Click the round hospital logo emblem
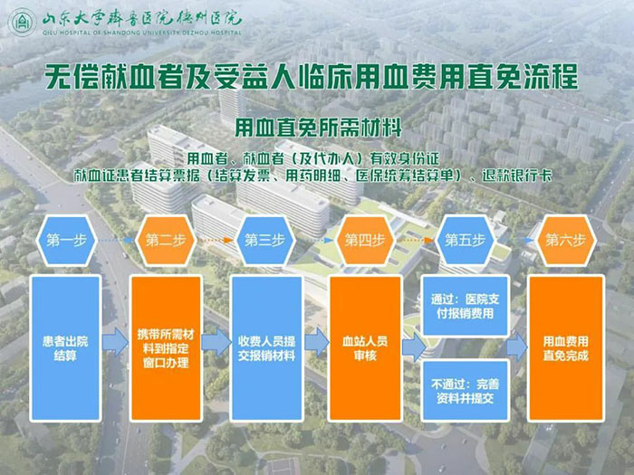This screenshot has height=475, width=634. [23, 23]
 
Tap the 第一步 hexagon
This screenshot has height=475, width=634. [66, 241]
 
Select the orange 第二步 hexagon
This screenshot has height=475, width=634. [166, 241]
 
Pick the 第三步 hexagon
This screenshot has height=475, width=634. [264, 241]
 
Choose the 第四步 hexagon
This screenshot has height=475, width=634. [365, 241]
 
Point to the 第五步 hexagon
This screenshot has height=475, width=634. [465, 241]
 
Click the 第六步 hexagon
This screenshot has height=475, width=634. [565, 241]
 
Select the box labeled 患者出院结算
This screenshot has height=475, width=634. [65, 348]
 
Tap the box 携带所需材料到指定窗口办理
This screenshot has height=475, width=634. [166, 348]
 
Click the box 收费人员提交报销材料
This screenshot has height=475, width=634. [266, 348]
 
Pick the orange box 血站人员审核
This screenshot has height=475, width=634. [365, 348]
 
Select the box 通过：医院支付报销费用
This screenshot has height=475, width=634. [465, 306]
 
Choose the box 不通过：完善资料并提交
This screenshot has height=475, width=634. [465, 391]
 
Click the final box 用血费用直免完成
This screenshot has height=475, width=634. [566, 348]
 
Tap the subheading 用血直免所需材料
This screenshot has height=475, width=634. [318, 128]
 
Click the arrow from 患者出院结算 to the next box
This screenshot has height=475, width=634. [115, 342]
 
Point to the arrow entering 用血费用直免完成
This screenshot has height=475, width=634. [517, 347]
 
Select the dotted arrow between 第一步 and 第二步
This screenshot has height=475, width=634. [117, 241]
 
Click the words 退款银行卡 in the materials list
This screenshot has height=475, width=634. [517, 176]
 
